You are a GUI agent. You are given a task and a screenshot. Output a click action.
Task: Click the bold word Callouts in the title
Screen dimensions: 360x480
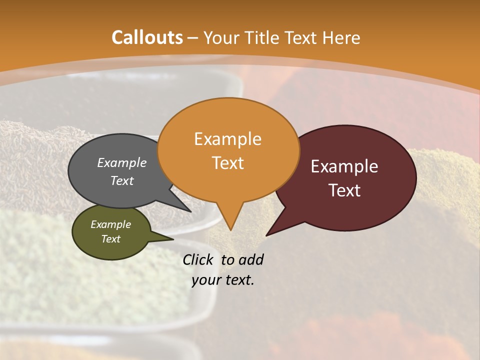pyautogui.click(x=147, y=37)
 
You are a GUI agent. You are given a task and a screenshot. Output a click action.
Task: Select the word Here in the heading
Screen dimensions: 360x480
pyautogui.click(x=341, y=38)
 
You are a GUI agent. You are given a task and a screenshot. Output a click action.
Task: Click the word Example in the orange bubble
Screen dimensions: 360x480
pyautogui.click(x=227, y=139)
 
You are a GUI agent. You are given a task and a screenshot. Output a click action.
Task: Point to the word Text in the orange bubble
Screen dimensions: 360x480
pyautogui.click(x=227, y=163)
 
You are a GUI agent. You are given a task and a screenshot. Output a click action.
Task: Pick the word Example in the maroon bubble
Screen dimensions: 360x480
pyautogui.click(x=344, y=166)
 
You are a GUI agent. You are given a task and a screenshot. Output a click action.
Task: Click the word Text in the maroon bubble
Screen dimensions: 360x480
pyautogui.click(x=344, y=190)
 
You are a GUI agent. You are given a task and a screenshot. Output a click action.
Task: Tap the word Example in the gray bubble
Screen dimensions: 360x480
pyautogui.click(x=122, y=162)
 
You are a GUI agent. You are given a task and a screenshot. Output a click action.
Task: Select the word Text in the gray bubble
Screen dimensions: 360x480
pyautogui.click(x=122, y=180)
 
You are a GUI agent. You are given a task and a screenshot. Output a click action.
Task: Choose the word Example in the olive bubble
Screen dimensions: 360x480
pyautogui.click(x=110, y=224)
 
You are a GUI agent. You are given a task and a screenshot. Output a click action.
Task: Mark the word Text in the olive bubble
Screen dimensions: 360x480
pyautogui.click(x=110, y=239)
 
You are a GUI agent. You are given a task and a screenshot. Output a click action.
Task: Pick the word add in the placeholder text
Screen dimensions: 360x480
pyautogui.click(x=251, y=259)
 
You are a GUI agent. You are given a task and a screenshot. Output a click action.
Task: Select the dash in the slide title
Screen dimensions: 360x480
pyautogui.click(x=193, y=38)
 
